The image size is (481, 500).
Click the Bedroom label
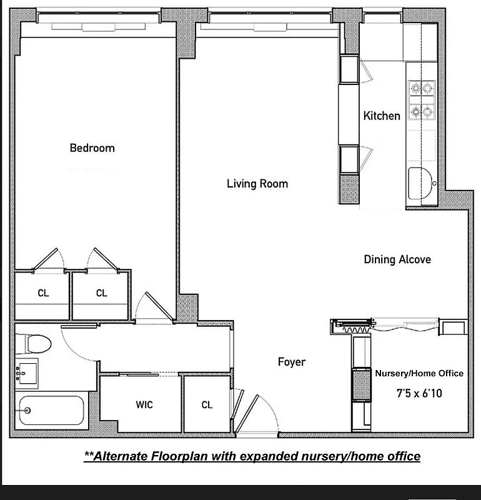[92, 148]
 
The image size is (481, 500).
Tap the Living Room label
[257, 184]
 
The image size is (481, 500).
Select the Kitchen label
[382, 116]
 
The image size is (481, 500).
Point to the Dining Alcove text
[397, 259]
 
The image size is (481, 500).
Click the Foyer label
[292, 362]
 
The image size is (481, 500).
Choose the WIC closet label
[144, 405]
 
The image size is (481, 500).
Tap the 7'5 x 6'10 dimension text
[419, 395]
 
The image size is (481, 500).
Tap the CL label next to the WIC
[207, 405]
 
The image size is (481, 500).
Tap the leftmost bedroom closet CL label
[42, 293]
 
